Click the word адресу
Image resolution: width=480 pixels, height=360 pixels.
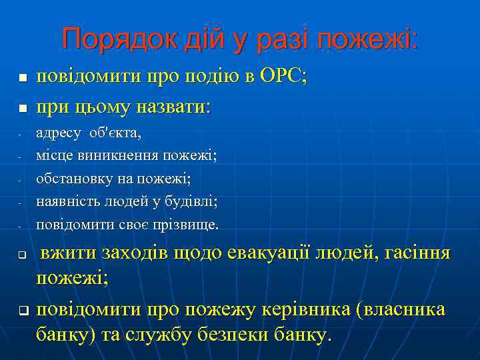(x=59, y=133)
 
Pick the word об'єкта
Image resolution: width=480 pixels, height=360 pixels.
(x=116, y=133)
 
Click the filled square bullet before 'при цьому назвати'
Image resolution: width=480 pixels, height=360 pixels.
(x=22, y=107)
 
